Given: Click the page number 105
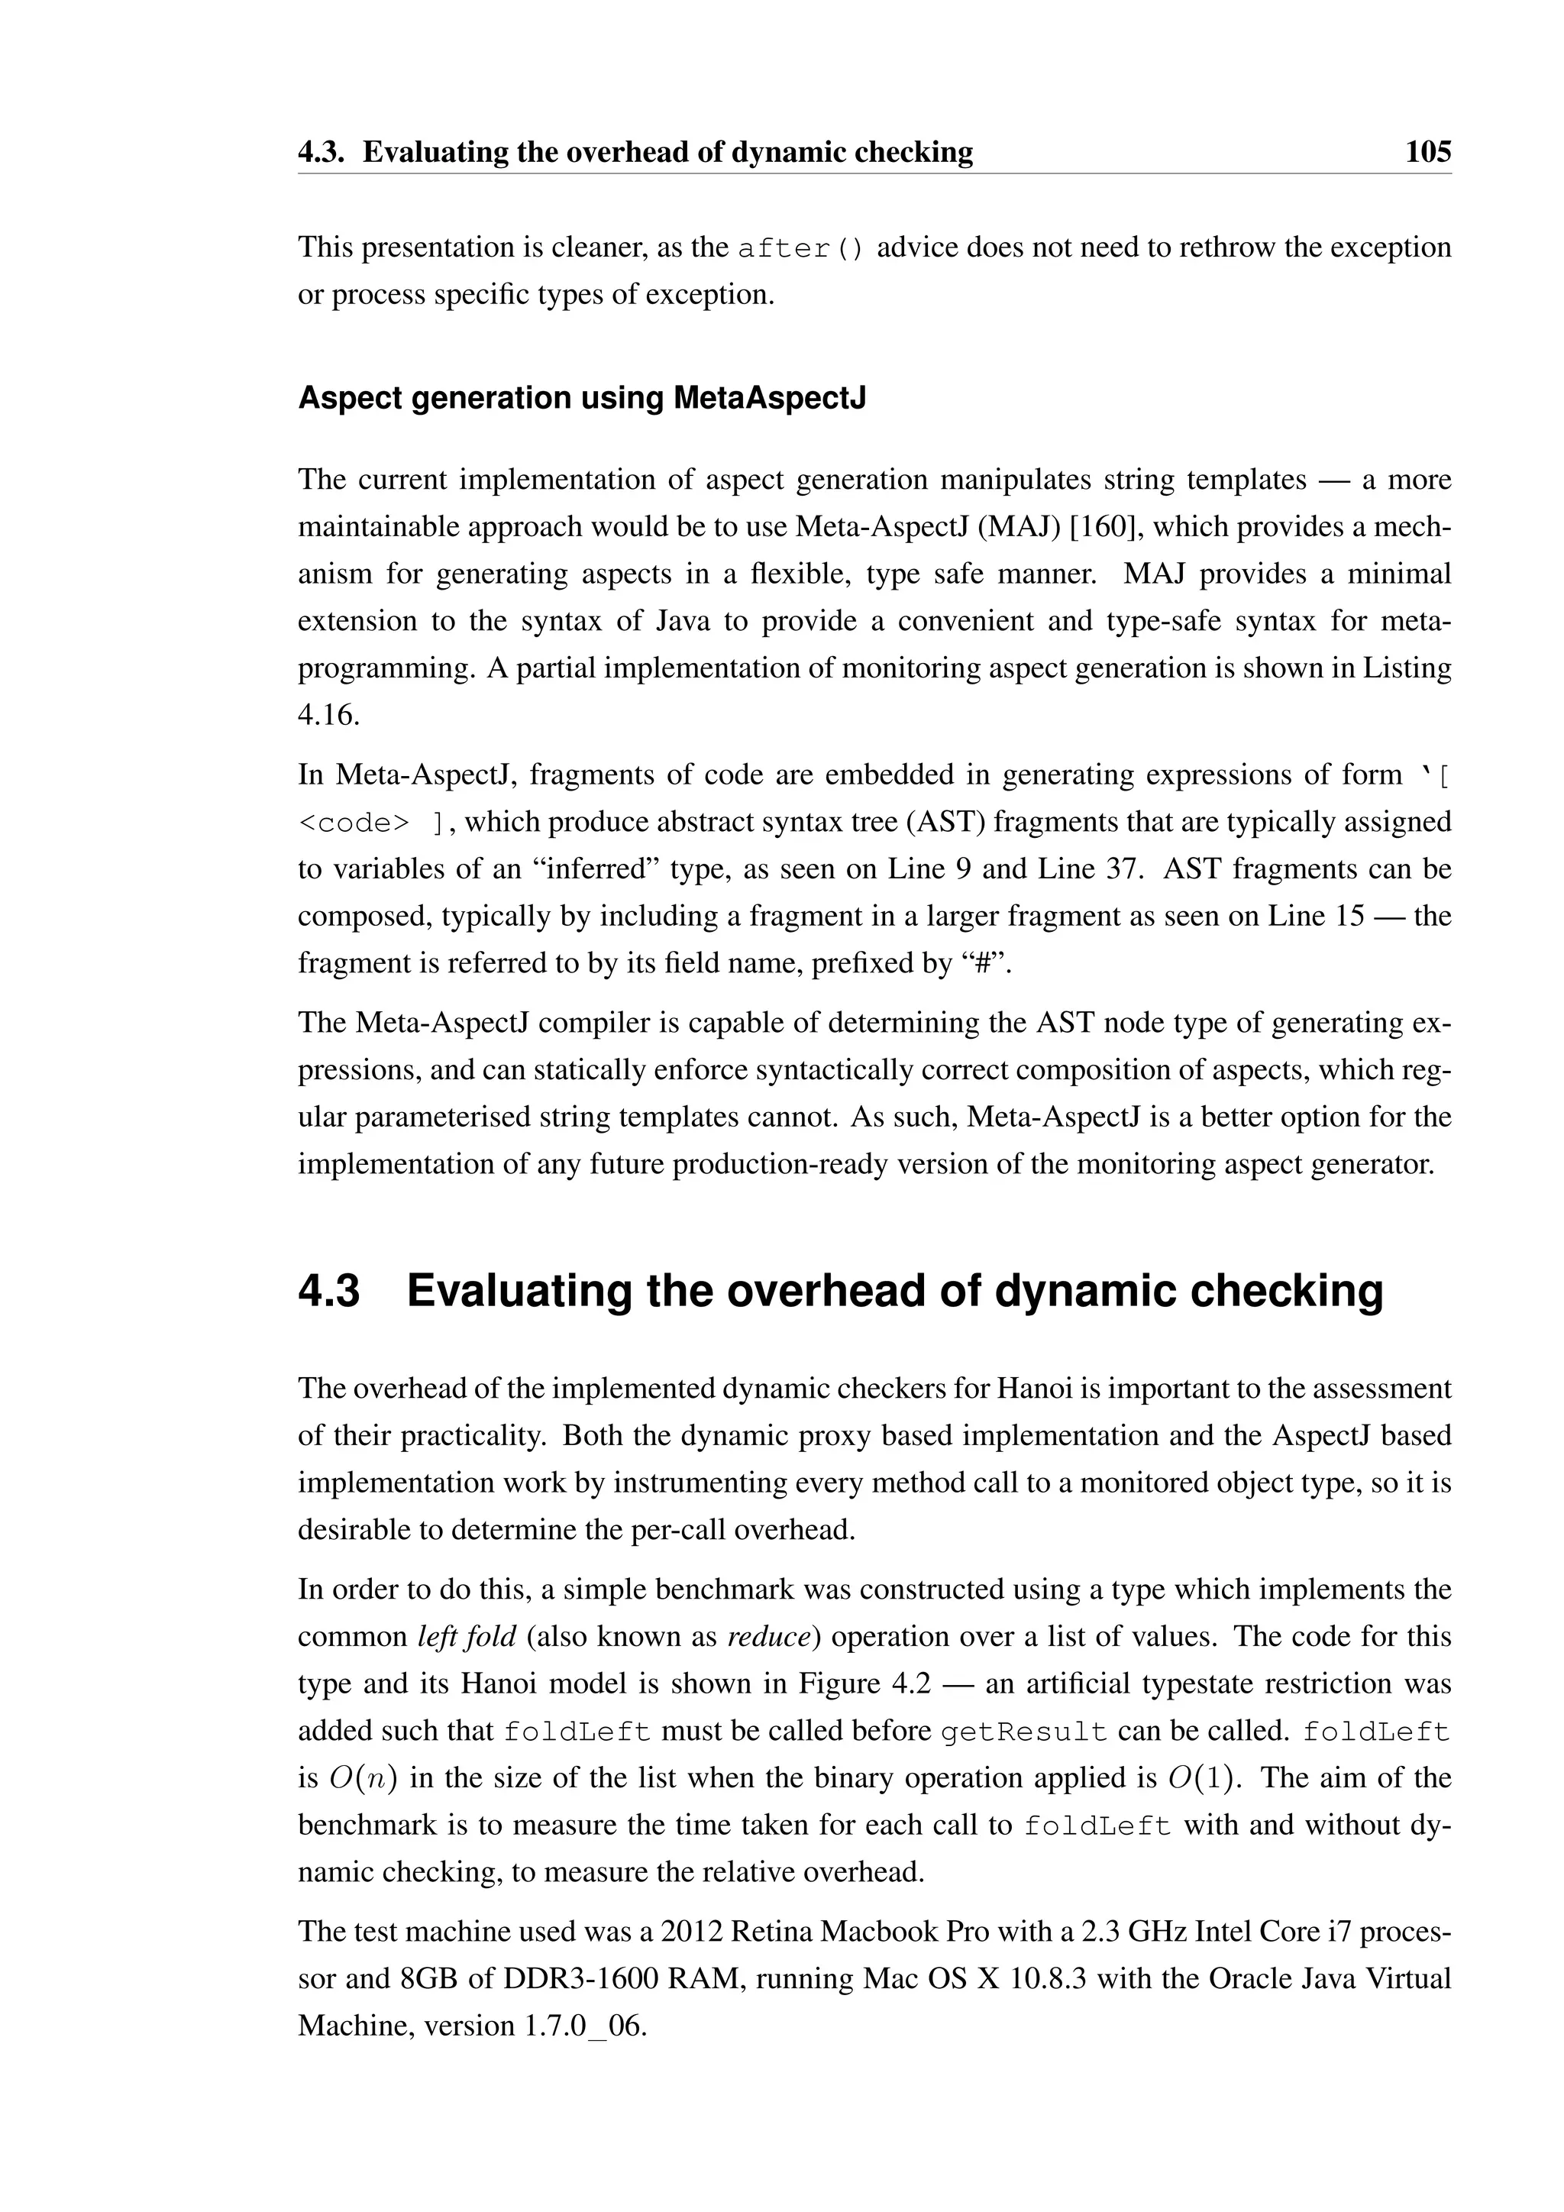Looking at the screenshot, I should (x=1427, y=152).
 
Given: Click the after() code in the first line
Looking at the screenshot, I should (x=801, y=248).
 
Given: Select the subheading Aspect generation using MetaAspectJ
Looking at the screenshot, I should (x=582, y=398).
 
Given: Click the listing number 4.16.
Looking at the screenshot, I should (x=328, y=715).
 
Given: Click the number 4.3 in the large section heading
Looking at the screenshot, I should (x=328, y=1291).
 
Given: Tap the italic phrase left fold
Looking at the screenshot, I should (x=468, y=1637).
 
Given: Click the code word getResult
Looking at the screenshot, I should (x=1025, y=1732).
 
